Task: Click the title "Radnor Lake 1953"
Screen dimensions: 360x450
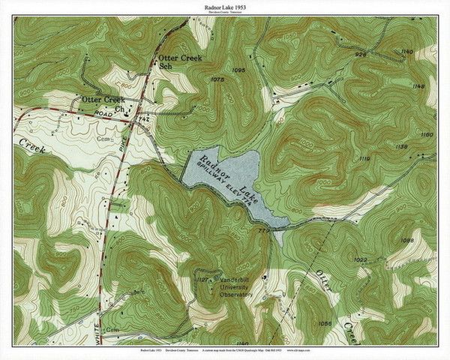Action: click(226, 6)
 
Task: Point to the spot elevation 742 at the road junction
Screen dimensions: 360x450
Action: click(145, 119)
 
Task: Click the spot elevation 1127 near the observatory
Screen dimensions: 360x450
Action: click(202, 279)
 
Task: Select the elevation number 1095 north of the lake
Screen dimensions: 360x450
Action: click(239, 70)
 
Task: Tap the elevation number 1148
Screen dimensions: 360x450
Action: click(418, 86)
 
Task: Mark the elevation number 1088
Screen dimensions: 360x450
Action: click(407, 240)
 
